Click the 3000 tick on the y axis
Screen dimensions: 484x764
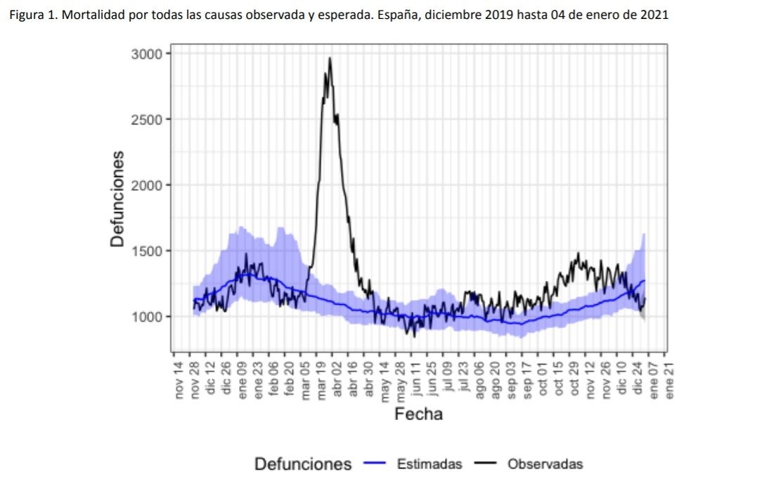[148, 54]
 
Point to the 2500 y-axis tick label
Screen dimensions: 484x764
[148, 119]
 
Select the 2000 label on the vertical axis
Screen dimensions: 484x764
[148, 185]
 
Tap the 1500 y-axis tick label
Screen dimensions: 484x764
[148, 251]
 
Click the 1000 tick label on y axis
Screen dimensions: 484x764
[148, 317]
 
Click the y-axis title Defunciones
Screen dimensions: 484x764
[118, 199]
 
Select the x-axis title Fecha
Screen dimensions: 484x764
[419, 414]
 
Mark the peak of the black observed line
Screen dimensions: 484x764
[329, 58]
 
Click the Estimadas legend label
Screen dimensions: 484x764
[429, 464]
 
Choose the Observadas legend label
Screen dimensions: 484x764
[545, 464]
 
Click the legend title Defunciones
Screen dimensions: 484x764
[303, 464]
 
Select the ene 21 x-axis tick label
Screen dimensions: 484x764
[669, 379]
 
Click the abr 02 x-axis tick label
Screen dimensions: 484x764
[337, 379]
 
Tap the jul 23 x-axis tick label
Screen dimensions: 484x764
[463, 379]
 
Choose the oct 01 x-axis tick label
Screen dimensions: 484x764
[543, 379]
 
